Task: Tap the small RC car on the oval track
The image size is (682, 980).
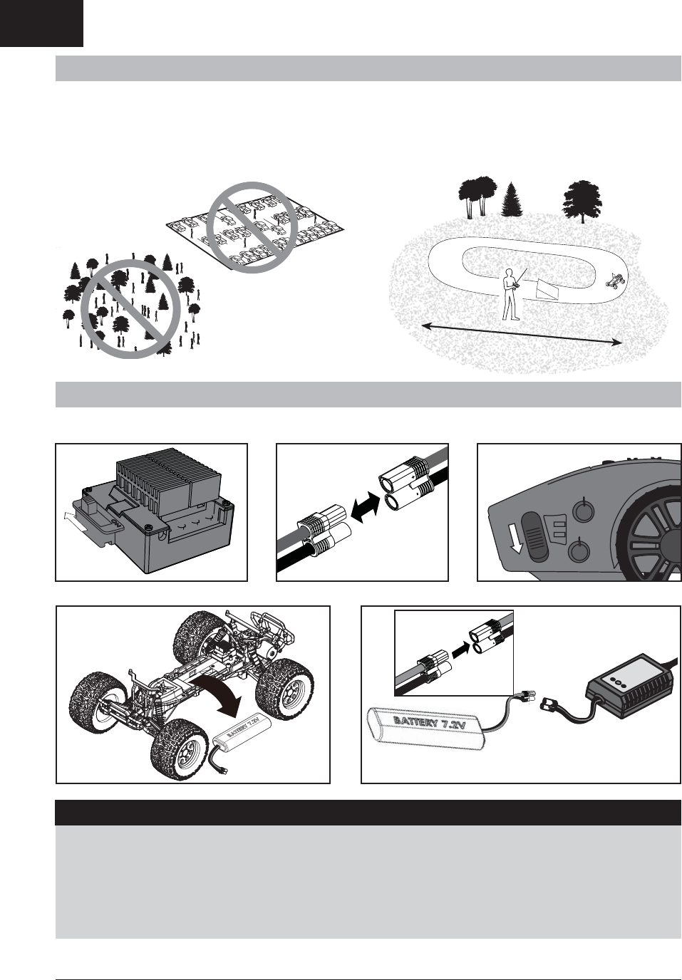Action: [x=614, y=280]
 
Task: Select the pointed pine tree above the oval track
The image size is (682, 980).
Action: [x=512, y=199]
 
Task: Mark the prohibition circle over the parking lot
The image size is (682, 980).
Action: [x=252, y=227]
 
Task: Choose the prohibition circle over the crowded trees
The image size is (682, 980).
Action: [x=131, y=309]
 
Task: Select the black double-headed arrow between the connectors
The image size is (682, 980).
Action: [x=365, y=506]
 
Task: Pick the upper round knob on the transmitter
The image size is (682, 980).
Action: [x=584, y=509]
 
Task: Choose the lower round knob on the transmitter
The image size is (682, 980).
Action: [x=579, y=551]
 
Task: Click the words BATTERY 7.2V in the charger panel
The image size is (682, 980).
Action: [x=429, y=723]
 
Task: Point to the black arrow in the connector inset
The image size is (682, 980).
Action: [x=460, y=652]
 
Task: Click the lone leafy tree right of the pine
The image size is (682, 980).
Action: [x=582, y=202]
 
